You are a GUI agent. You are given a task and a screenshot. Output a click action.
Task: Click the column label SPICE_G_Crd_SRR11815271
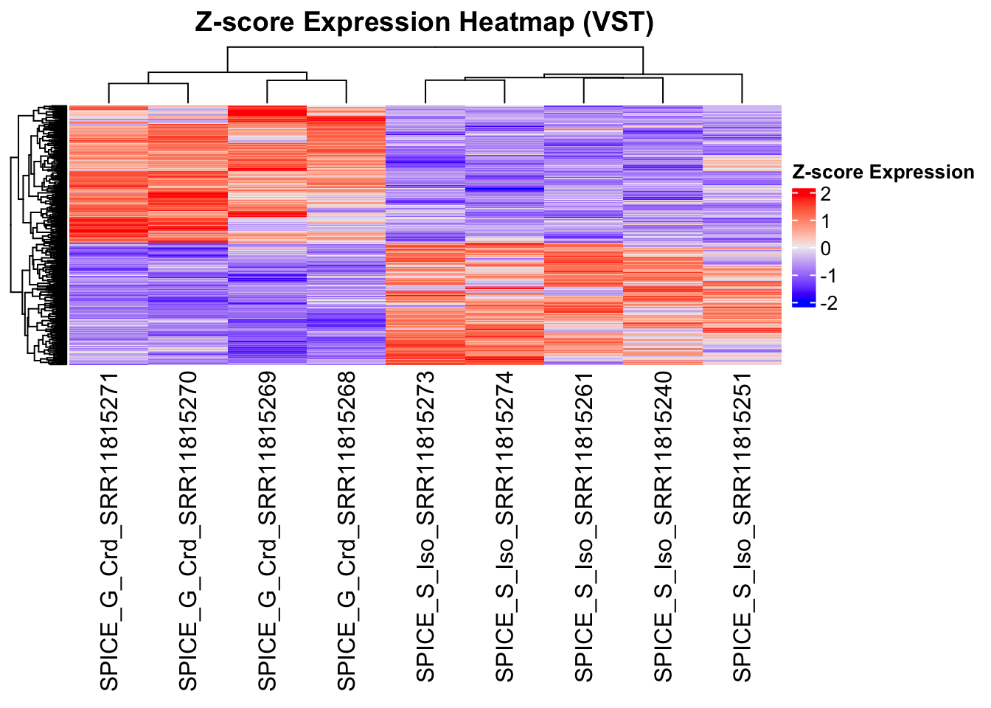click(109, 531)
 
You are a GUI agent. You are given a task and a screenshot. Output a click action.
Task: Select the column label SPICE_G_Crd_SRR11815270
click(188, 531)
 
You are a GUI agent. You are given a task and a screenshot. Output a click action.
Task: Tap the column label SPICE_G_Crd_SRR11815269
click(267, 531)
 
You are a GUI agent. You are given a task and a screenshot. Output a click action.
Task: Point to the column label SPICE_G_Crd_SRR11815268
click(346, 531)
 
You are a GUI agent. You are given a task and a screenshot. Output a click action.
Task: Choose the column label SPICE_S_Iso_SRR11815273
click(425, 527)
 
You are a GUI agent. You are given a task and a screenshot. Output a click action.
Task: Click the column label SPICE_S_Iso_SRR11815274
click(504, 527)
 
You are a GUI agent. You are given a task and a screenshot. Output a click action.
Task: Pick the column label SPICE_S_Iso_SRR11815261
click(583, 527)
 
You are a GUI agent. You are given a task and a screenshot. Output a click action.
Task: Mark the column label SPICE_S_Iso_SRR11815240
click(663, 527)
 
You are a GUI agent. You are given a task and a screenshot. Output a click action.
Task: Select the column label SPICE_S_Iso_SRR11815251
click(742, 527)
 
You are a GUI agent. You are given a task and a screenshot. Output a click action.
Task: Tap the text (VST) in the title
click(617, 23)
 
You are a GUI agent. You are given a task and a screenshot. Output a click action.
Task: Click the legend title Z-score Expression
click(883, 173)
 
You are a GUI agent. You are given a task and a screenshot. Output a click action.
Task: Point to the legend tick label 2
click(825, 195)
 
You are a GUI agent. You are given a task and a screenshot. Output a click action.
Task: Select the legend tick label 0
click(825, 249)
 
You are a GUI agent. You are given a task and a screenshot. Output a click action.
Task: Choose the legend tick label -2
click(829, 303)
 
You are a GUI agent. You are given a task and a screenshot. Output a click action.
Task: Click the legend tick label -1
click(829, 276)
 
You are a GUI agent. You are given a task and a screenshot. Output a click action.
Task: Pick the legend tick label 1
click(825, 221)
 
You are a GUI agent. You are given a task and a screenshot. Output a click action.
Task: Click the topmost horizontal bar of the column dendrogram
click(435, 47)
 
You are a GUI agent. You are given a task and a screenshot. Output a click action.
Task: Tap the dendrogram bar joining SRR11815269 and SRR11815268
click(307, 80)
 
